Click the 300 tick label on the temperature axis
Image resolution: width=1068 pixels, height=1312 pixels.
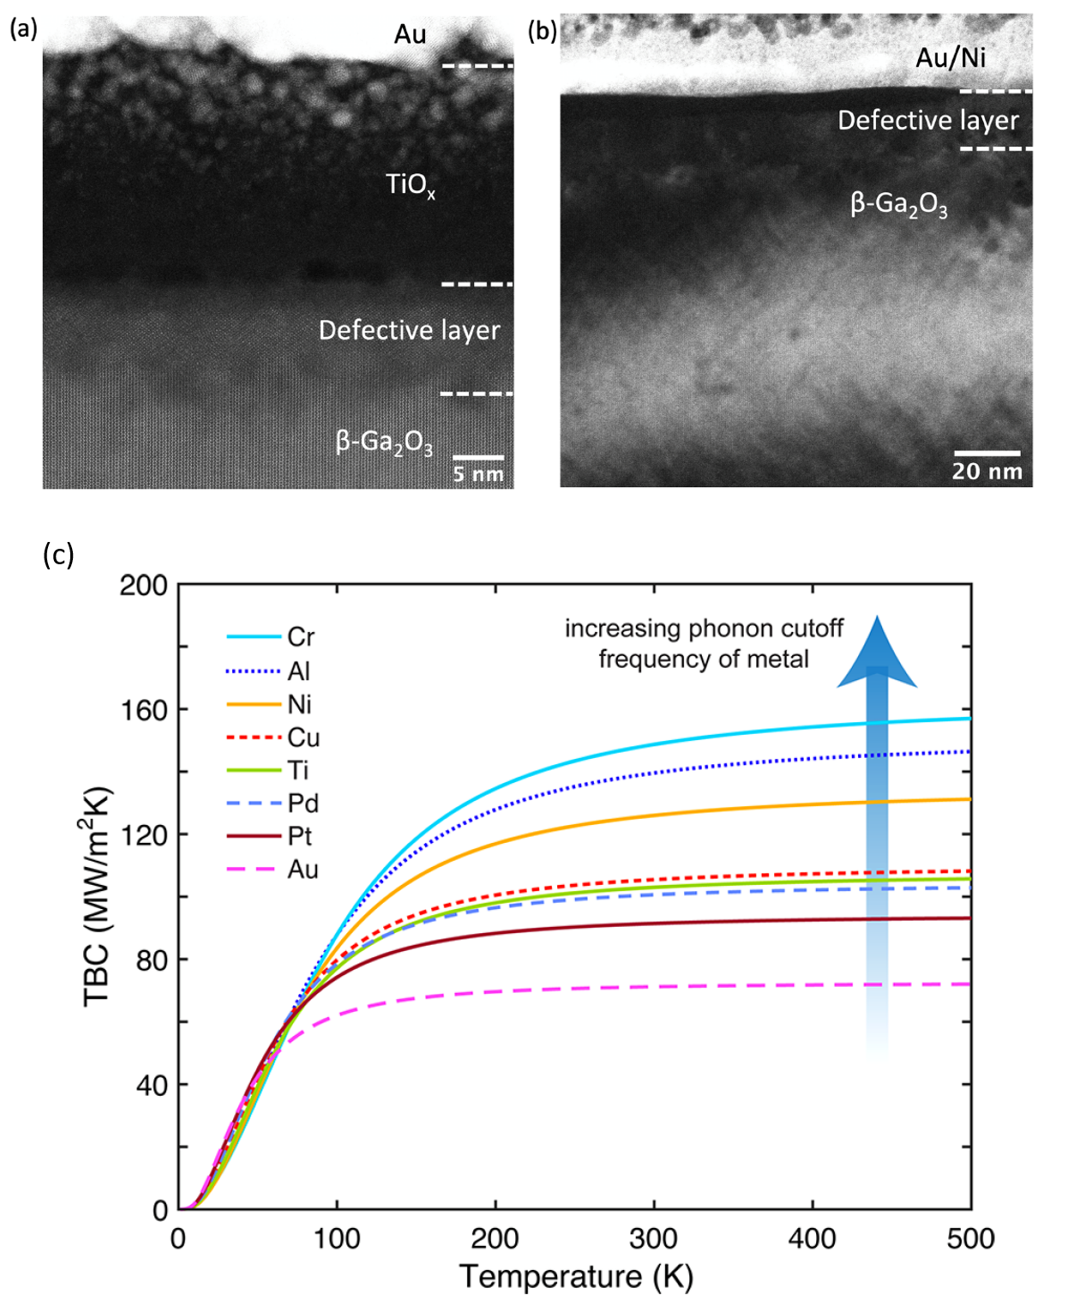tap(654, 1239)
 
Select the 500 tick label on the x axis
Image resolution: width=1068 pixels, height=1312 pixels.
tap(970, 1239)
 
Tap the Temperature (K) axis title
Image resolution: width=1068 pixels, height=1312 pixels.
tap(576, 1277)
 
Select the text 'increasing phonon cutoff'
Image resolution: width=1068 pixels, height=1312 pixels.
tap(704, 629)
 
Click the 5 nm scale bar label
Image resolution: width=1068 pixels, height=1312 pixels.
tap(478, 474)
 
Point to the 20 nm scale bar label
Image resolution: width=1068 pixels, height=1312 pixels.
tap(987, 471)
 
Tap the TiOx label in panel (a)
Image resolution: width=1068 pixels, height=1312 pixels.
tap(410, 185)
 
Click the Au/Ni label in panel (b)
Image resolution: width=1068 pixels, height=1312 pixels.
tap(951, 57)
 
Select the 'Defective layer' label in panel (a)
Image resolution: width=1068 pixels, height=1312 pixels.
tap(409, 330)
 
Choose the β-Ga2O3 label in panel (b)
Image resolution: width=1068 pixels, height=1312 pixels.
tap(898, 204)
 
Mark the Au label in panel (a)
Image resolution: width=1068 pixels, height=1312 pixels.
tap(410, 34)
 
